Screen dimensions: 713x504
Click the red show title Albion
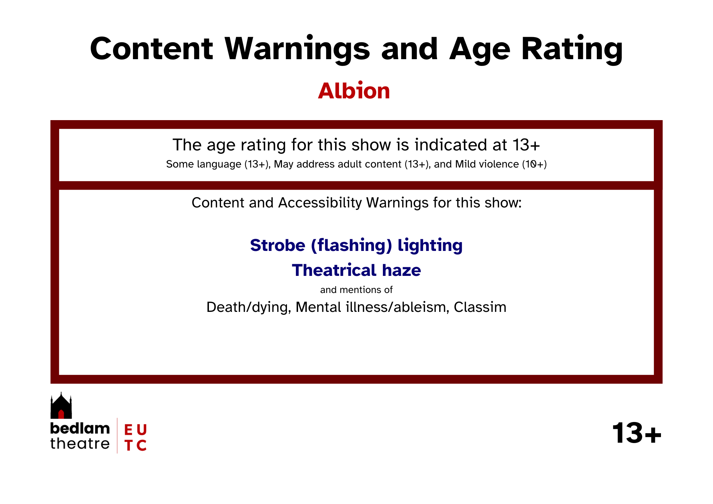(x=354, y=91)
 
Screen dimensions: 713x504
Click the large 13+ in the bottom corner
(x=637, y=433)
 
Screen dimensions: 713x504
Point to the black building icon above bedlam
(x=61, y=406)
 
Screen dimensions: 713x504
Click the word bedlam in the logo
(x=80, y=428)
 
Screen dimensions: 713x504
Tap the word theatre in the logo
(x=80, y=444)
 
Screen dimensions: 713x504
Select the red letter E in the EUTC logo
(x=128, y=430)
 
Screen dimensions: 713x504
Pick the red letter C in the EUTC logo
(x=142, y=446)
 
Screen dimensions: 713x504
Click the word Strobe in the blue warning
(x=278, y=245)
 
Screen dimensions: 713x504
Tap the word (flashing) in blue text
(x=352, y=246)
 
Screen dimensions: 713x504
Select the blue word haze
(x=401, y=270)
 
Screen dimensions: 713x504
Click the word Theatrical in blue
(x=334, y=270)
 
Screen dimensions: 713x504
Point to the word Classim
(x=480, y=307)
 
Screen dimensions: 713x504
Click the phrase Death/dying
(x=249, y=307)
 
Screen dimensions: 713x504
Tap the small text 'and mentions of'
(x=356, y=290)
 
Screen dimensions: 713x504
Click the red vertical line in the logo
(x=117, y=436)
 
